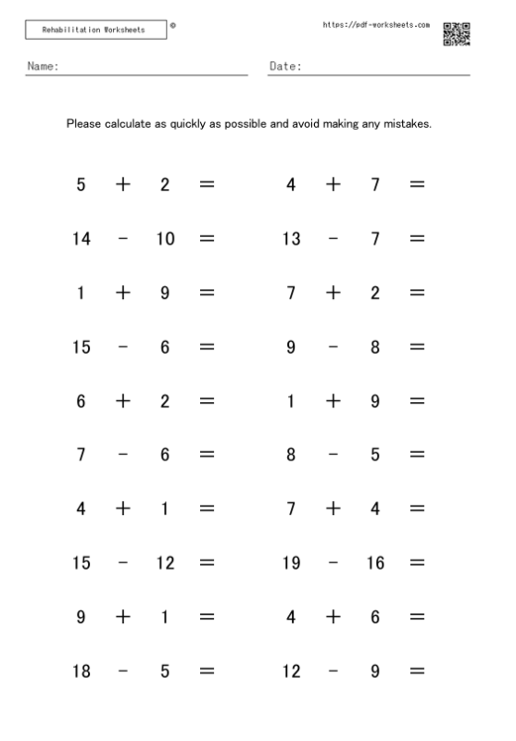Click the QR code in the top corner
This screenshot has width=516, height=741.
click(x=457, y=34)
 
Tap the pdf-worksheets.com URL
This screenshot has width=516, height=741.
click(x=375, y=25)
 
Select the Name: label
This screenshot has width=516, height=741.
click(x=43, y=67)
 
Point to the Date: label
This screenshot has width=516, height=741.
click(x=285, y=67)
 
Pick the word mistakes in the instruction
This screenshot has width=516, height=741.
click(x=406, y=123)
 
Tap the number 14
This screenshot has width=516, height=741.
click(x=82, y=239)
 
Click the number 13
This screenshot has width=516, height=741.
click(x=291, y=239)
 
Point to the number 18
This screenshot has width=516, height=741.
click(x=82, y=671)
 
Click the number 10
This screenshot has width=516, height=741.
click(x=165, y=239)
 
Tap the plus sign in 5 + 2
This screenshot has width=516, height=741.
click(x=123, y=184)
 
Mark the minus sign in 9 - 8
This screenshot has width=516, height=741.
click(x=334, y=347)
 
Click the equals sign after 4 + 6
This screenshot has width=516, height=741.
click(x=417, y=617)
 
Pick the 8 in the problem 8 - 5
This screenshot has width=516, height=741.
click(x=291, y=455)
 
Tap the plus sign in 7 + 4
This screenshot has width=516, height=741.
click(x=334, y=509)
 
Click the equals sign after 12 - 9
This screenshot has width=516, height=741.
click(x=417, y=671)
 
